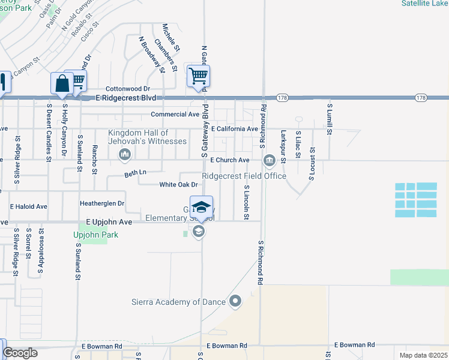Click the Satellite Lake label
tap(424, 3)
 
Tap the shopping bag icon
tap(62, 83)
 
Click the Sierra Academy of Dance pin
tap(235, 301)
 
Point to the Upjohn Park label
tap(95, 235)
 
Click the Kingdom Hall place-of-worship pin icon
tap(125, 155)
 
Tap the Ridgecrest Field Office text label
tap(244, 176)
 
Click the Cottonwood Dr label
tap(128, 88)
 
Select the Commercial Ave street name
tap(175, 114)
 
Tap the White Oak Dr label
tap(178, 185)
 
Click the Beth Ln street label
tap(135, 173)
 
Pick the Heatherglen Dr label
tap(101, 203)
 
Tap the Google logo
tap(20, 353)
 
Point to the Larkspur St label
tap(283, 145)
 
